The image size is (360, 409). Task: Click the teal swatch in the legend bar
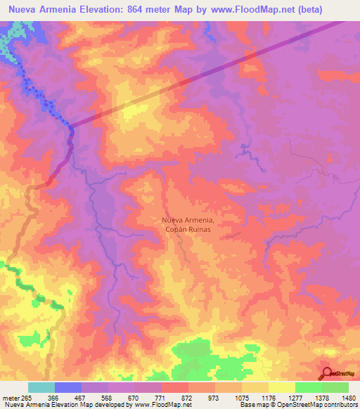coord(41,387)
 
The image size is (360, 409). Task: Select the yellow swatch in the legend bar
coord(281,387)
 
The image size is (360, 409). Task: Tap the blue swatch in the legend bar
coord(68,387)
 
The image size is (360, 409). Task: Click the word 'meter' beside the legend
coord(11,398)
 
